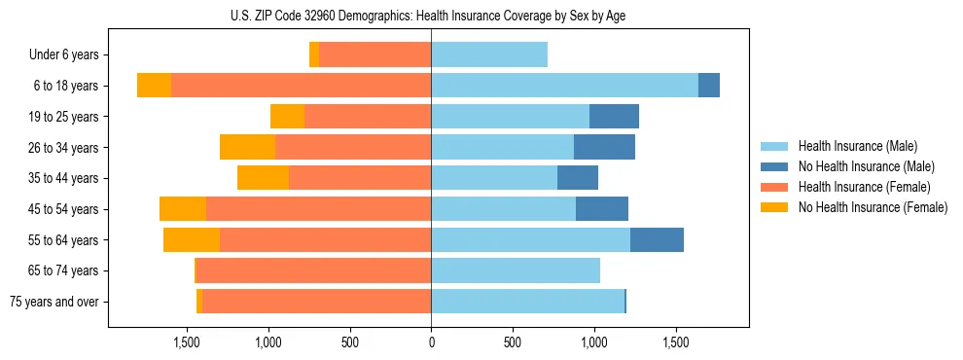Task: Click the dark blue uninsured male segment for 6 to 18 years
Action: (x=709, y=86)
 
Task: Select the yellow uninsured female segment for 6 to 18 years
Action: (x=154, y=86)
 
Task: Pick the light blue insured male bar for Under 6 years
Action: (x=489, y=55)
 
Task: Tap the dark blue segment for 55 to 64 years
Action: (x=657, y=240)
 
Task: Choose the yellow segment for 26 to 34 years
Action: (x=247, y=147)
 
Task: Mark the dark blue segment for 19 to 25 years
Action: (x=614, y=117)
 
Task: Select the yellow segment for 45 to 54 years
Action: (x=183, y=209)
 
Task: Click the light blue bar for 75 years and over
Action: (x=527, y=302)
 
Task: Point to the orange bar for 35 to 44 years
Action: (x=360, y=178)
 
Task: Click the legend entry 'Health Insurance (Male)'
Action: (x=857, y=146)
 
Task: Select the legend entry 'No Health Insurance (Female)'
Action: (x=873, y=207)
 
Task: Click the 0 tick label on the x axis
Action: (x=431, y=342)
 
